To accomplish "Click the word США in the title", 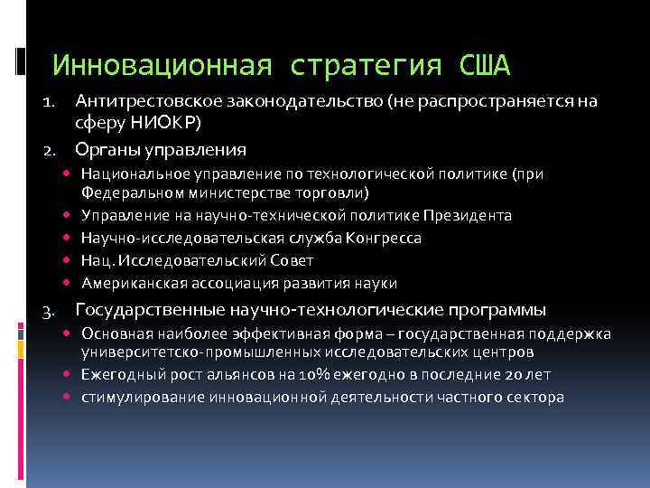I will (x=485, y=65).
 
